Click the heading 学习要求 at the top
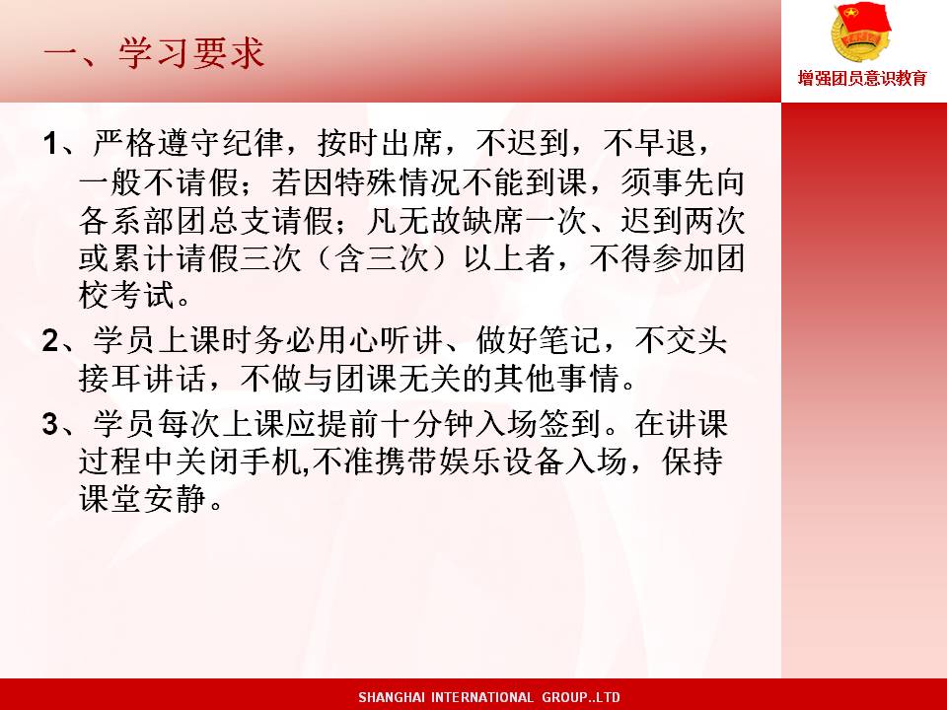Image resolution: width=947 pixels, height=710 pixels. (x=191, y=53)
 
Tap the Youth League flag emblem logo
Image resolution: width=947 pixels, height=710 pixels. (x=860, y=32)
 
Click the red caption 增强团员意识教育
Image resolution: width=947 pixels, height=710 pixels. (x=862, y=79)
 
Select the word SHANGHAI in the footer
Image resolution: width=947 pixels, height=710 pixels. (x=392, y=697)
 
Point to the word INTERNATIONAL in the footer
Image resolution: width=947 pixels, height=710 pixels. (x=482, y=697)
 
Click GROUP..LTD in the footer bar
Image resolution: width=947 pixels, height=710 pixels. (x=581, y=697)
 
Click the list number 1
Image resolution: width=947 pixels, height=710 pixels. (x=50, y=144)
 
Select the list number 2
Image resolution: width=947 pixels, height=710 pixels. (x=50, y=340)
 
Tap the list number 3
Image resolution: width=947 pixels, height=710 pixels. (x=50, y=424)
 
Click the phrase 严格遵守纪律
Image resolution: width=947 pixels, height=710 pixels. (x=189, y=143)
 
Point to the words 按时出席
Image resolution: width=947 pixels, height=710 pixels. (x=381, y=143)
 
